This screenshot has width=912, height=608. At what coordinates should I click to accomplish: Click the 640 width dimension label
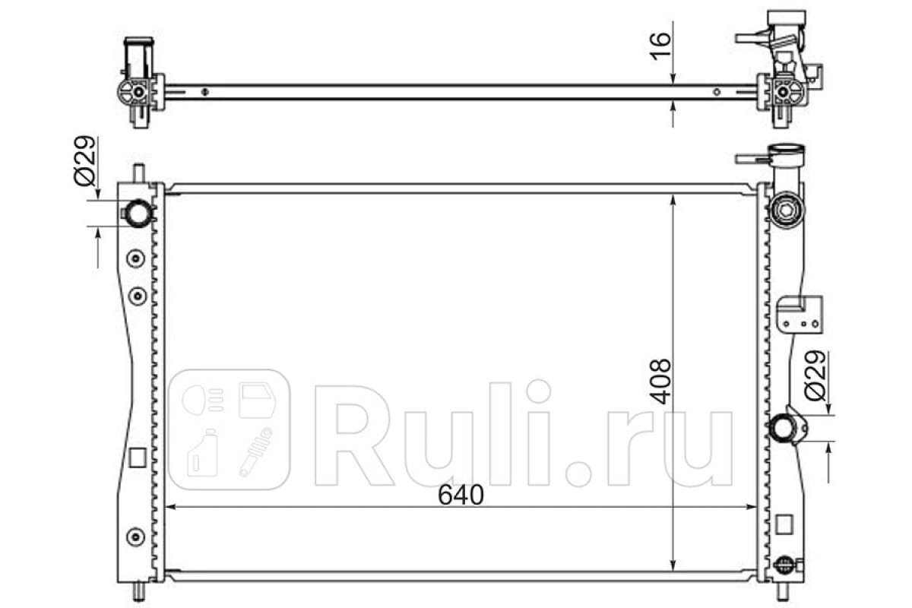click(x=461, y=495)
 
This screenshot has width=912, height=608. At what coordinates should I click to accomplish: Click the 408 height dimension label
click(x=660, y=382)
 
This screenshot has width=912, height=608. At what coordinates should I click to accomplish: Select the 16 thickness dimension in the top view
click(x=660, y=46)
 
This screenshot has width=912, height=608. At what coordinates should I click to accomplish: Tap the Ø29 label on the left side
click(x=84, y=160)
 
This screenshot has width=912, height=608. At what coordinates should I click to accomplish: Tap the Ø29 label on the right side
click(x=815, y=375)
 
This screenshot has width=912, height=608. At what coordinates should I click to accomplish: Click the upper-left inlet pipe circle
click(x=138, y=213)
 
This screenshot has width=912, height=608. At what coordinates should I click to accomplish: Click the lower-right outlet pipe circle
click(x=782, y=428)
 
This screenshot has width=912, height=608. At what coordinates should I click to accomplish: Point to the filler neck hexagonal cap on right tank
click(x=785, y=211)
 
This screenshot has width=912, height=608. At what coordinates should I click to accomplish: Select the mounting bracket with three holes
click(x=800, y=315)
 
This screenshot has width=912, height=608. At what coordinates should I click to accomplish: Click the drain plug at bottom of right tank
click(x=784, y=565)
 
